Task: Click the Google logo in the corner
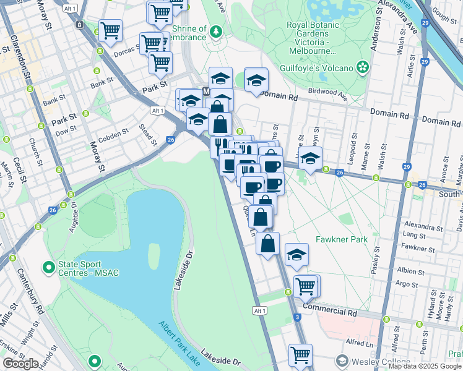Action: tap(20, 364)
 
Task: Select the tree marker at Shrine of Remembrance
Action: tap(215, 31)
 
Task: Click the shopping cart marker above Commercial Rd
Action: tap(305, 285)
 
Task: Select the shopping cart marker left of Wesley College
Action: tap(300, 354)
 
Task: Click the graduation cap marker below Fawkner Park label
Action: tap(296, 253)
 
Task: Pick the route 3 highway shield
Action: tap(298, 317)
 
